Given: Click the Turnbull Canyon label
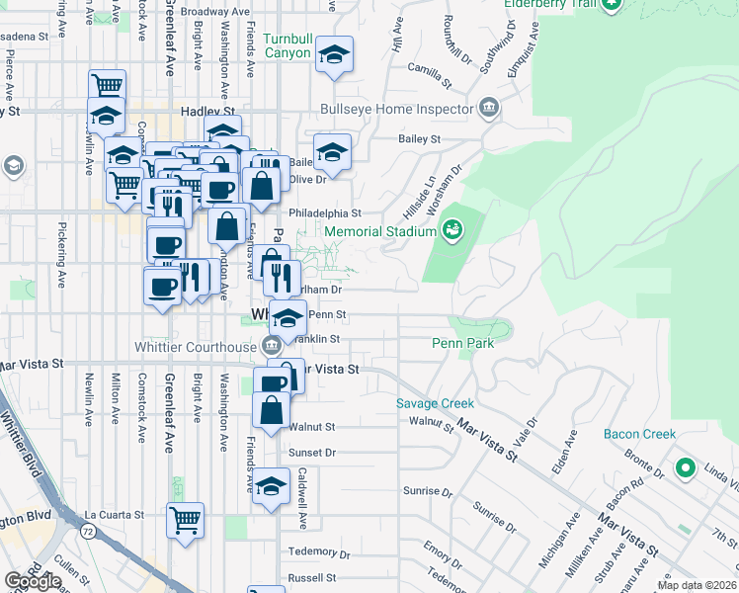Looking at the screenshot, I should click(287, 46).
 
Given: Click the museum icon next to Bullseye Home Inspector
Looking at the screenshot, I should click(487, 108).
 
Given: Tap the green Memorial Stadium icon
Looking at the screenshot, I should click(452, 229).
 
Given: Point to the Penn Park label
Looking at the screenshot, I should click(462, 343).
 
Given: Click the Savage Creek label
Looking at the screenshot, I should click(435, 403).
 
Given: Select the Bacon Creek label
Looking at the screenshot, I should click(640, 434).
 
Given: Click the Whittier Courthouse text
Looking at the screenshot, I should click(196, 346).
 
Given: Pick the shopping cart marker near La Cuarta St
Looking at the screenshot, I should click(185, 520).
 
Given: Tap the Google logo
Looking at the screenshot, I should click(33, 581).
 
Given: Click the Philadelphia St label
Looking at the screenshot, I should click(325, 212).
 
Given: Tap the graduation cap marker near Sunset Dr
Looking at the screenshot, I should click(271, 486).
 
